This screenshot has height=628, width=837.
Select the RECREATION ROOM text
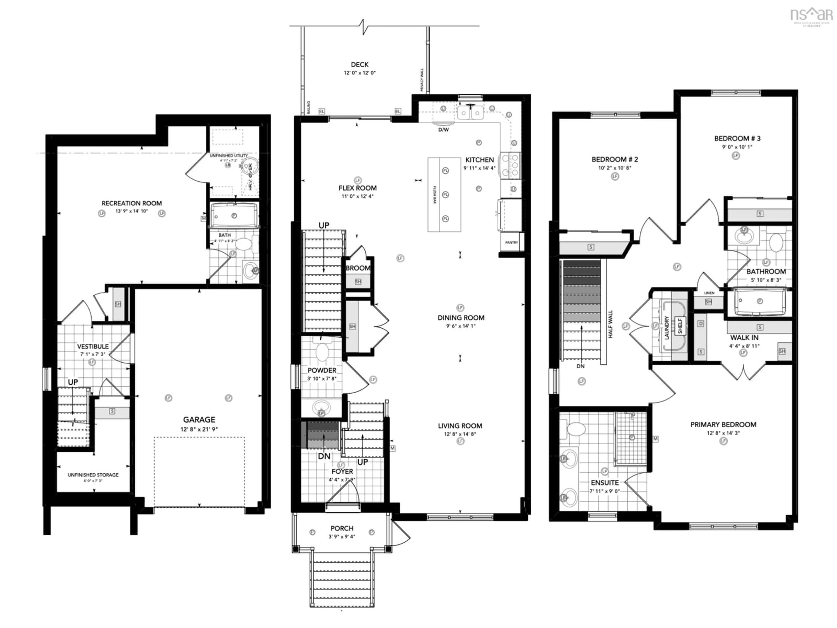click(132, 203)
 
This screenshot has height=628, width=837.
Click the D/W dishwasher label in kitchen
click(444, 130)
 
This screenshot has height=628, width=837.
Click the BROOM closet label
click(358, 268)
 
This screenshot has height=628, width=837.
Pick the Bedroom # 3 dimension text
click(737, 147)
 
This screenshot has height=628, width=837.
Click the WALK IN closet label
click(744, 338)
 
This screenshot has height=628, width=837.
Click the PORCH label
click(342, 528)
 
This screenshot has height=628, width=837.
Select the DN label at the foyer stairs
click(324, 456)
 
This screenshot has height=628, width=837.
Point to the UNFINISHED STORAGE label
click(93, 475)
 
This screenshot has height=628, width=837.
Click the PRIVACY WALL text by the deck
click(422, 80)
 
